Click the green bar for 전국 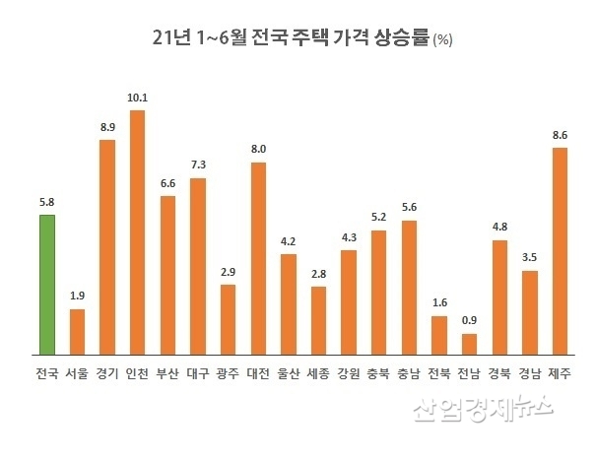[x=46, y=285]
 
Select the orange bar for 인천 [x=137, y=232]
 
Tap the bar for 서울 [x=77, y=332]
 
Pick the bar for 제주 [x=560, y=251]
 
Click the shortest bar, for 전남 [x=469, y=344]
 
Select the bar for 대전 [x=258, y=258]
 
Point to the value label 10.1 [x=137, y=98]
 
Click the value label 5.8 [x=46, y=202]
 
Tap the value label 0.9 [x=469, y=321]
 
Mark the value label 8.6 [x=560, y=135]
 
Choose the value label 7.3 [x=198, y=165]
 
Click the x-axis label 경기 [x=107, y=373]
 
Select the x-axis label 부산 [x=167, y=373]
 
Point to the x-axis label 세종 [x=318, y=373]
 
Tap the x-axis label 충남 [x=409, y=373]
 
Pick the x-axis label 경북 [x=499, y=373]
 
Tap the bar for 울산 [x=289, y=304]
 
